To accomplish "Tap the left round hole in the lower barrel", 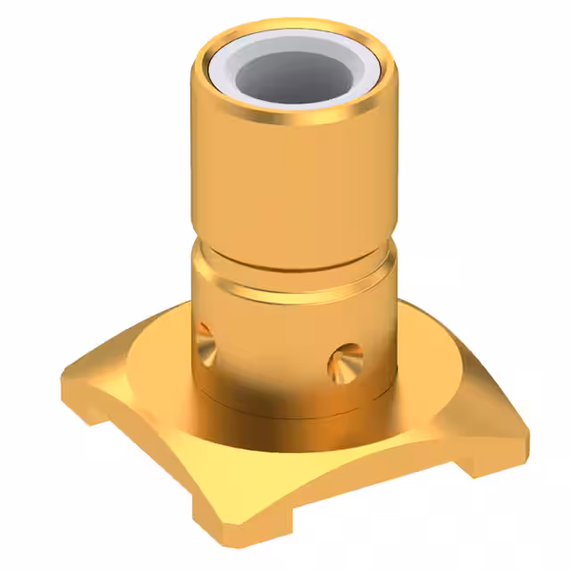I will pyautogui.click(x=205, y=339).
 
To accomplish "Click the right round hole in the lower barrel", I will pyautogui.click(x=344, y=360).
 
